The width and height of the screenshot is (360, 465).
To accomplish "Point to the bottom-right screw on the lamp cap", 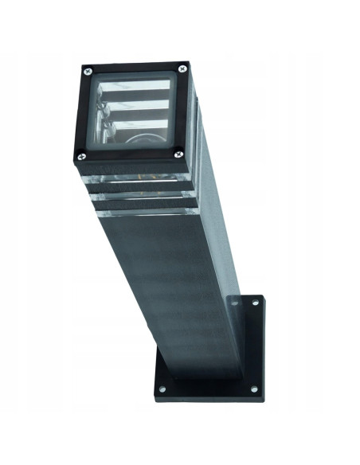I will coord(178,154).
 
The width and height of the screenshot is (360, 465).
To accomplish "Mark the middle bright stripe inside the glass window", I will coord(135,106).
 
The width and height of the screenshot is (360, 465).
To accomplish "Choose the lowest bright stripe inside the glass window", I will coord(135,123).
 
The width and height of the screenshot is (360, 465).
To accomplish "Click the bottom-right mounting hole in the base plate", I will coord(254,389).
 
